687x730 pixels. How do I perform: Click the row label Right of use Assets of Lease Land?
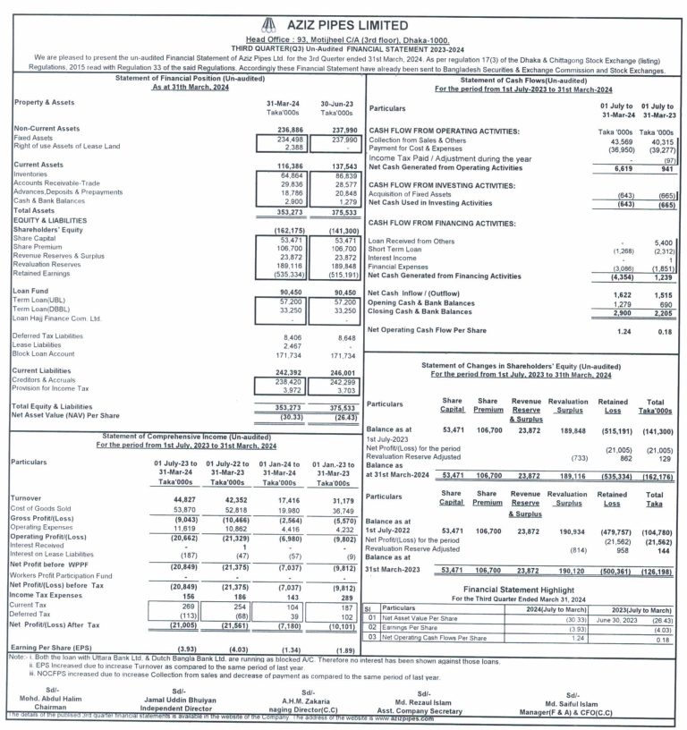click(67, 146)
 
